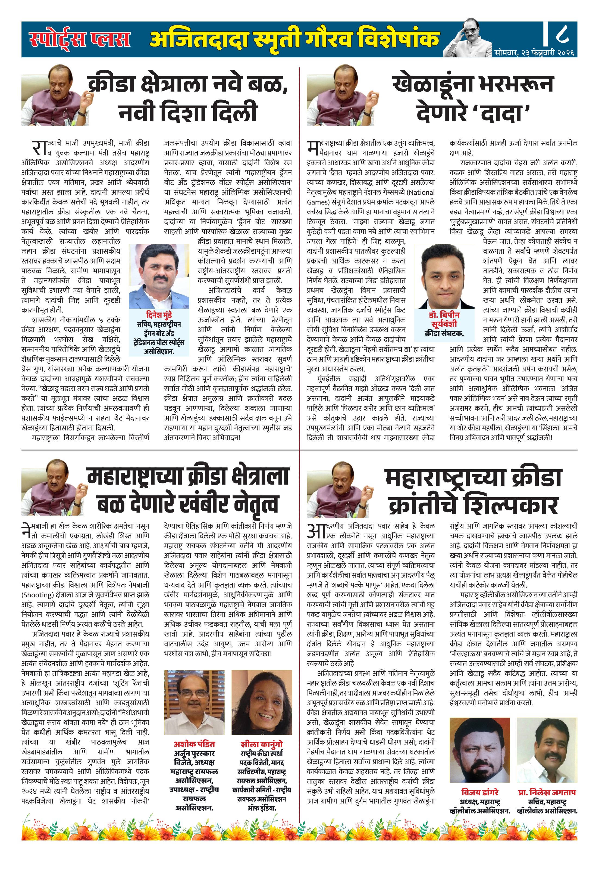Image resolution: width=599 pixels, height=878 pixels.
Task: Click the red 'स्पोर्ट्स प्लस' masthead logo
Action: (x=80, y=39)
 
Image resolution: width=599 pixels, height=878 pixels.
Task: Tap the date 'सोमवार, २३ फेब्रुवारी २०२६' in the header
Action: (x=534, y=53)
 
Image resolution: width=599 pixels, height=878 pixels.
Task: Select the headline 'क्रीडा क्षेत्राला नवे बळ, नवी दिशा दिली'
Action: (x=188, y=98)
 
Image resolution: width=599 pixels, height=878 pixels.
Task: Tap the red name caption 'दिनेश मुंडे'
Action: (x=159, y=315)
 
